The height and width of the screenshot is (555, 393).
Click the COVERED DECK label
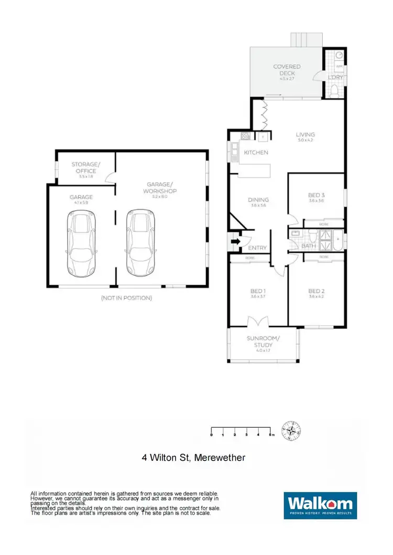coord(287,70)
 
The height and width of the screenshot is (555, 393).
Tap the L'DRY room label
coord(335,77)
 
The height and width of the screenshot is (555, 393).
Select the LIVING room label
coord(305,135)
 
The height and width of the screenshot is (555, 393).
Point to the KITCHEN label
coord(256,152)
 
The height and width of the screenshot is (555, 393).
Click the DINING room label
coord(258,199)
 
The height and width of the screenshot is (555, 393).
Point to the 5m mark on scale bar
coord(270,435)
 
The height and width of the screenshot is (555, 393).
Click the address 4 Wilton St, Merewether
coord(193,458)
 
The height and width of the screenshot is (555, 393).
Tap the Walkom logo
coord(320,505)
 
